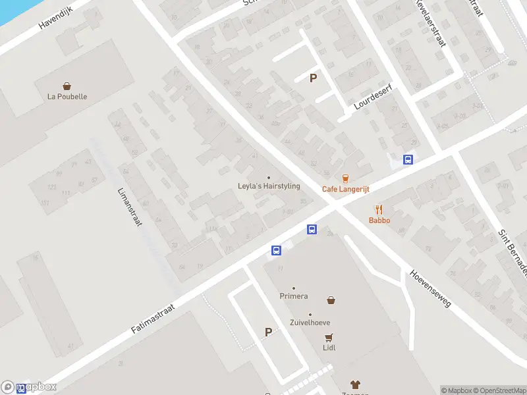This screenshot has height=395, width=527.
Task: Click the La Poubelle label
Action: pyautogui.click(x=67, y=96)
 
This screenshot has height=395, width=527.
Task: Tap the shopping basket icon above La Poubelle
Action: pyautogui.click(x=67, y=86)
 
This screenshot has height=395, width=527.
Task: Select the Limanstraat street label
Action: pyautogui.click(x=130, y=206)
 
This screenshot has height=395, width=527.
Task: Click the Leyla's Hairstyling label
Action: pyautogui.click(x=268, y=186)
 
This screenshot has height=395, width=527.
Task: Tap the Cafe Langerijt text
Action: pyautogui.click(x=345, y=189)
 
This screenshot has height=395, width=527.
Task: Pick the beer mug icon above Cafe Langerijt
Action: pyautogui.click(x=345, y=178)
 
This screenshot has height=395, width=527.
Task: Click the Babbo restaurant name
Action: pyautogui.click(x=379, y=221)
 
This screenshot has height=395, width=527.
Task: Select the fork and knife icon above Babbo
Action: pyautogui.click(x=379, y=210)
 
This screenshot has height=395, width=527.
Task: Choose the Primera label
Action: pyautogui.click(x=293, y=296)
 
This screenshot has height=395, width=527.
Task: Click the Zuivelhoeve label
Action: pyautogui.click(x=310, y=323)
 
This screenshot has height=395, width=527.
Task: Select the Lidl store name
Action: pyautogui.click(x=329, y=348)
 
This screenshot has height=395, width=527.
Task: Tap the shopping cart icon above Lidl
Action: pyautogui.click(x=329, y=337)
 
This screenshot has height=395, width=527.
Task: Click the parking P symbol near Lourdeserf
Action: pyautogui.click(x=314, y=78)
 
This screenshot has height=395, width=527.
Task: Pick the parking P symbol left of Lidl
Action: pyautogui.click(x=268, y=332)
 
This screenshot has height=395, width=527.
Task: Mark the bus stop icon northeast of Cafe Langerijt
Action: pyautogui.click(x=408, y=159)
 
